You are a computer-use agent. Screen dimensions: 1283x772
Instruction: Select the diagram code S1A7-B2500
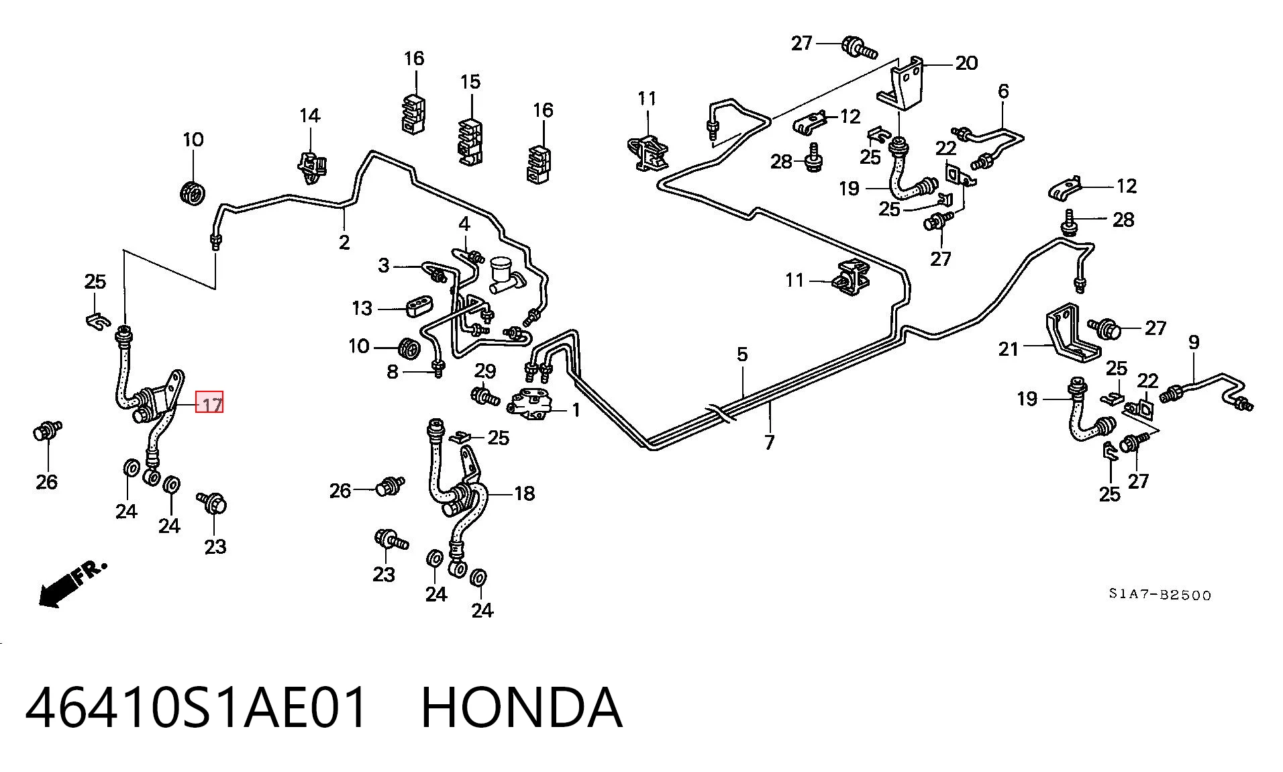(1160, 595)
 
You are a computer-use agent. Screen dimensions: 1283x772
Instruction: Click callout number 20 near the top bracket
(966, 63)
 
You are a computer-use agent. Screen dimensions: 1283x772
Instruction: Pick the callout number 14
(309, 115)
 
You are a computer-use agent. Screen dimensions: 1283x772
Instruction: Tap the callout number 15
(470, 82)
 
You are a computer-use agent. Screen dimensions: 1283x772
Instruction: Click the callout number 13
(362, 308)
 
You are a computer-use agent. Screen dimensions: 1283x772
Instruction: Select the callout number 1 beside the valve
(576, 409)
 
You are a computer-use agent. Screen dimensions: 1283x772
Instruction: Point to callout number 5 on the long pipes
(741, 354)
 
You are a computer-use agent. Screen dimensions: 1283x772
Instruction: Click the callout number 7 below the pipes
(769, 442)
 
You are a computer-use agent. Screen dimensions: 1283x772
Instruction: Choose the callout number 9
(1194, 342)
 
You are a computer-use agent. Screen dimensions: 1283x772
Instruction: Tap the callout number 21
(1009, 349)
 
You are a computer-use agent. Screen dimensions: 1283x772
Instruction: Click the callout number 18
(525, 493)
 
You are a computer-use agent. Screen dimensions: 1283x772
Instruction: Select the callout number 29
(485, 371)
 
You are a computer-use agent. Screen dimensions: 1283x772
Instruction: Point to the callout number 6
(1003, 91)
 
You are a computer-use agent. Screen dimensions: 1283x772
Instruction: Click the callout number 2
(344, 242)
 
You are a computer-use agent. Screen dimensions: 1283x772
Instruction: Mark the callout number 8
(393, 371)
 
